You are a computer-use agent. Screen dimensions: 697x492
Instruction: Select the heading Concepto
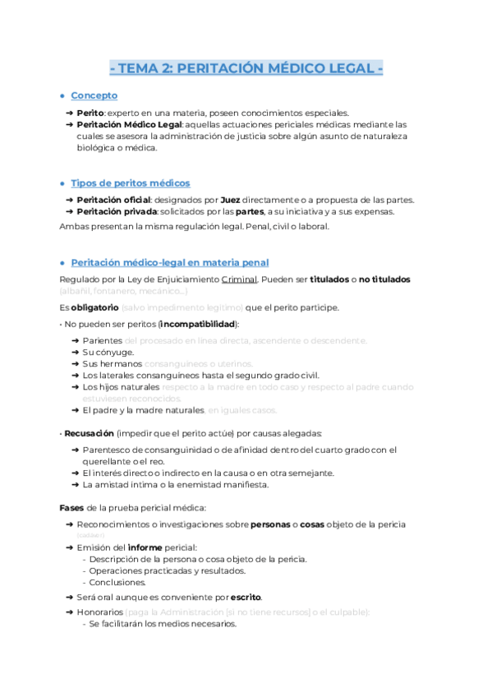coord(94,95)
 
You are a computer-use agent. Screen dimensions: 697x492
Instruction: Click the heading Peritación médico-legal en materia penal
coord(169,262)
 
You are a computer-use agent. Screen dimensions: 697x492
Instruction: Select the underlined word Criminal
coord(239,279)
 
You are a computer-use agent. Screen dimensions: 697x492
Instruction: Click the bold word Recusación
coord(89,432)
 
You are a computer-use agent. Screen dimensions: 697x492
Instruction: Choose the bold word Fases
coord(72,507)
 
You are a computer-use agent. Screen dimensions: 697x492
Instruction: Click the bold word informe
coord(154,547)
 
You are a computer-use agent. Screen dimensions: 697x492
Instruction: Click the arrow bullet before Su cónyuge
coord(76,352)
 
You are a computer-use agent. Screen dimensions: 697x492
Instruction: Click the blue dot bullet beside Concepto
coord(62,96)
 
